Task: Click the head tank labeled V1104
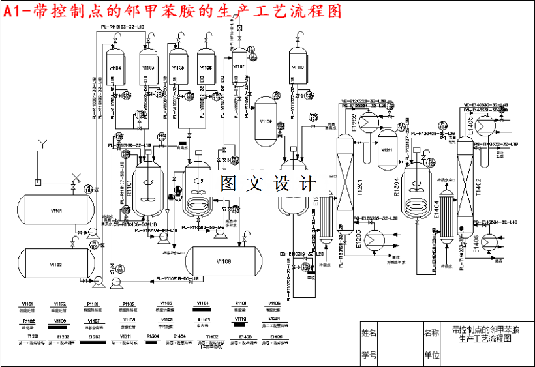[115, 67]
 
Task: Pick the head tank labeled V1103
[147, 67]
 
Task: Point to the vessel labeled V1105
[178, 67]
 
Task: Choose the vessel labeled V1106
[206, 67]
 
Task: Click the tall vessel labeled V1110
[298, 67]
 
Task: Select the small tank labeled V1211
[388, 150]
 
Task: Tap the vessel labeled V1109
[266, 121]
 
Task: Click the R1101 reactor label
[129, 188]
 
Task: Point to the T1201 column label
[358, 188]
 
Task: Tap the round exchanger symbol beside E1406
[494, 241]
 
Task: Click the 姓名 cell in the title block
[369, 333]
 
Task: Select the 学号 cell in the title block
[369, 355]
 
